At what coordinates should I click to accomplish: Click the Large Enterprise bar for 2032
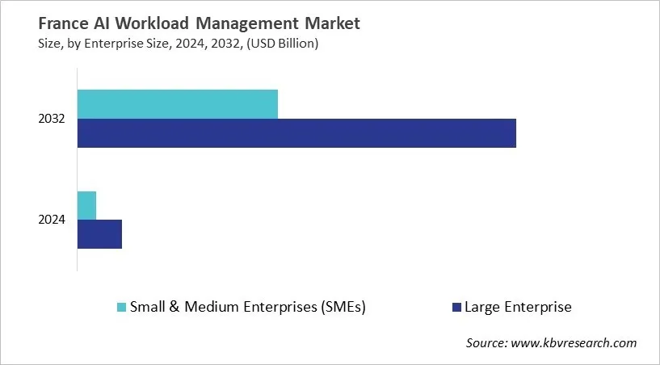point(296,133)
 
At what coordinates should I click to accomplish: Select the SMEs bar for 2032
point(178,104)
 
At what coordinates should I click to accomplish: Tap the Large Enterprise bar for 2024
point(99,234)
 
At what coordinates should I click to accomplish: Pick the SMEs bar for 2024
point(86,205)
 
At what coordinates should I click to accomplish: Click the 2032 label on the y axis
point(52,120)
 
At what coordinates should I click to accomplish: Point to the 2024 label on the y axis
point(52,220)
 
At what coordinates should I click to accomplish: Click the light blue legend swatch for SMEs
point(122,307)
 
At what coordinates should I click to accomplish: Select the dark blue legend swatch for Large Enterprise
point(456,307)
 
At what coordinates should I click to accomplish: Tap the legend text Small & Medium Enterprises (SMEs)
point(249,307)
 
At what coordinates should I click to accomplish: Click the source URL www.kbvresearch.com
point(576,343)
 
